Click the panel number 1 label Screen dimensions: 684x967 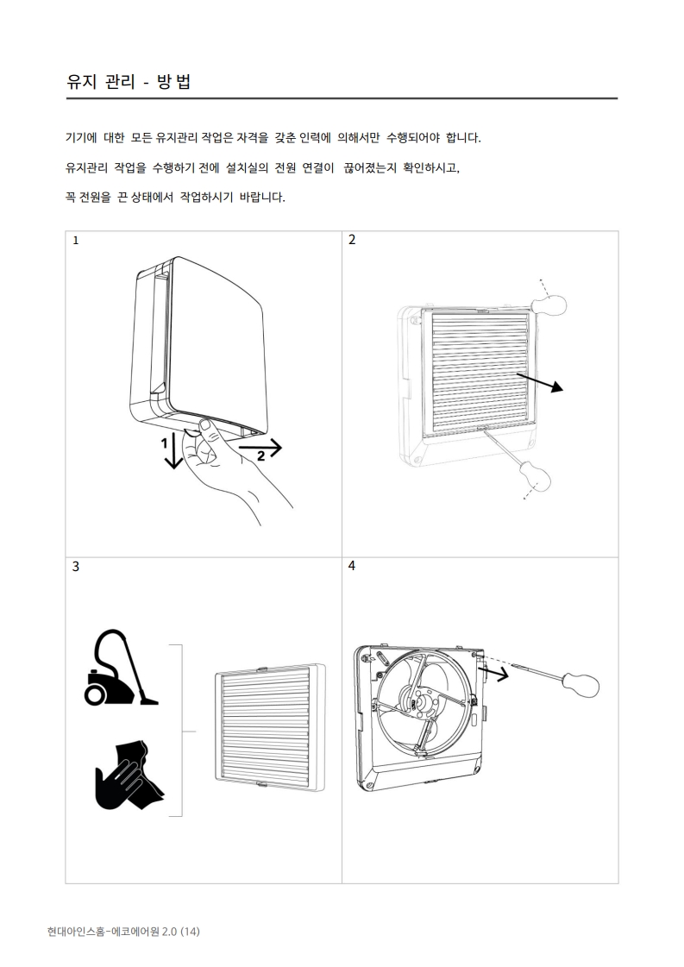coord(76,241)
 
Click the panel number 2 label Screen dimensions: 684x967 coord(352,240)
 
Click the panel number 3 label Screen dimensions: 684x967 coord(76,566)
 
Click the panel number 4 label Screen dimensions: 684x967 coord(352,566)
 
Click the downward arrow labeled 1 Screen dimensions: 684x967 coord(174,451)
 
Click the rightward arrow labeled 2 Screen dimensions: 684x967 coord(260,447)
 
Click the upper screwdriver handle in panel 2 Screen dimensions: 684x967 coord(549,305)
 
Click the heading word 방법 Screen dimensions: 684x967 coord(173,81)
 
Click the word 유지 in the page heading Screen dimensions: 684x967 coord(81,81)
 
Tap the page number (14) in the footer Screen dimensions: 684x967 coord(190,932)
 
